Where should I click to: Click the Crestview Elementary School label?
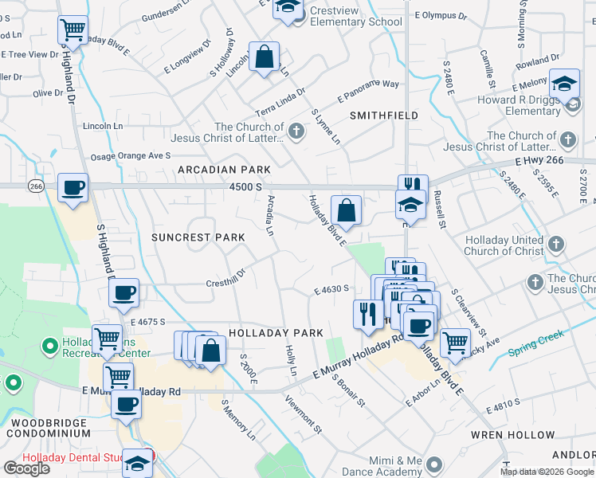click(x=356, y=22)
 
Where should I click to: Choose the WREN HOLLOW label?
click(x=523, y=435)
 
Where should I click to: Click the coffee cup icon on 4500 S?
click(x=73, y=189)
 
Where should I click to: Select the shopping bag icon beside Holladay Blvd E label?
click(x=346, y=211)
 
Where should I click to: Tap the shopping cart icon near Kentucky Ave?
click(x=455, y=342)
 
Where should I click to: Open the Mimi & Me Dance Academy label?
click(x=395, y=466)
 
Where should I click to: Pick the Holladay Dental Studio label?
click(x=72, y=458)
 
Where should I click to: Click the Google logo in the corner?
click(x=26, y=468)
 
